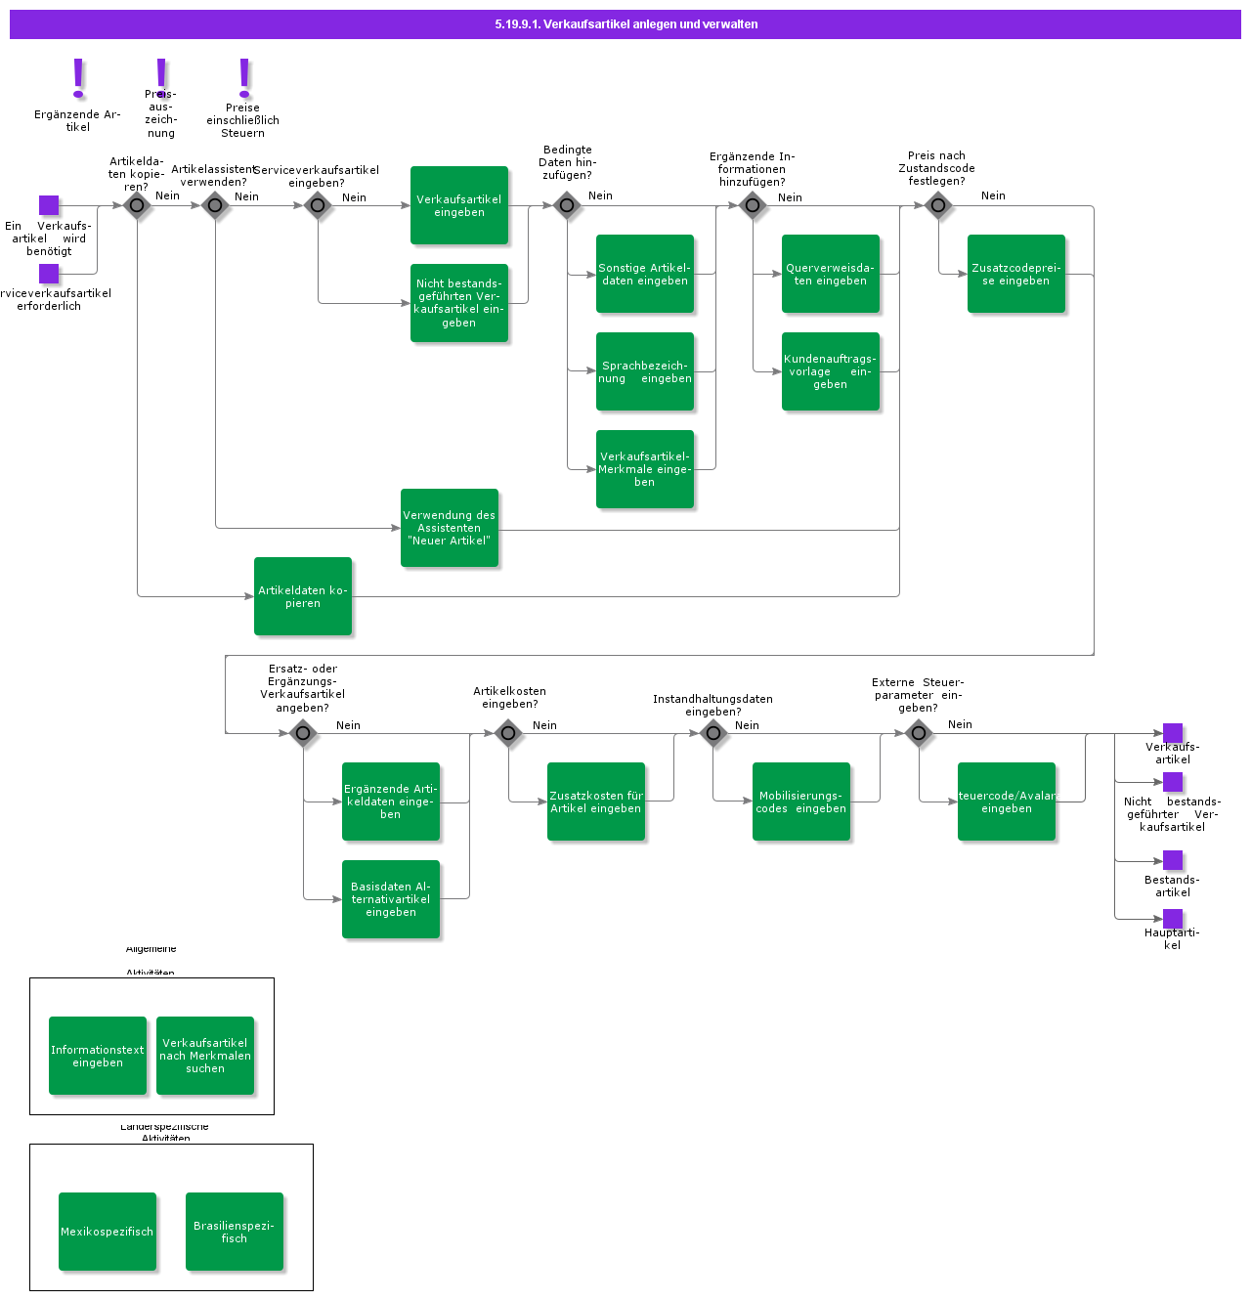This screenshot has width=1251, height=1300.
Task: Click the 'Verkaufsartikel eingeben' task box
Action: pyautogui.click(x=459, y=205)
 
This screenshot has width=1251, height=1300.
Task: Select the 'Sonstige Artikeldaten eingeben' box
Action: pyautogui.click(x=645, y=274)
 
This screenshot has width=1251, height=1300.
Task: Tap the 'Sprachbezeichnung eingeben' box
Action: pyautogui.click(x=645, y=371)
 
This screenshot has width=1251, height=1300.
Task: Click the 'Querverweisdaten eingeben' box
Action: pyautogui.click(x=831, y=274)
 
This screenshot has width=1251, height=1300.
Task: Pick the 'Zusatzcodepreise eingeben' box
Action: pyautogui.click(x=1016, y=274)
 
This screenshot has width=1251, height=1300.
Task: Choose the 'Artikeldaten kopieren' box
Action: pyautogui.click(x=303, y=596)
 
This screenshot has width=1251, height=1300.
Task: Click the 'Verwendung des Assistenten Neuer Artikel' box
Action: pyautogui.click(x=450, y=528)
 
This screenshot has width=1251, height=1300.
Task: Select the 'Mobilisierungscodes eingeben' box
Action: pyautogui.click(x=801, y=802)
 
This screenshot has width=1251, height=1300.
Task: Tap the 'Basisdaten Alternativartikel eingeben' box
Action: pyautogui.click(x=391, y=899)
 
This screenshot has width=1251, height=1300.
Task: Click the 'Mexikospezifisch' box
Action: pyautogui.click(x=108, y=1232)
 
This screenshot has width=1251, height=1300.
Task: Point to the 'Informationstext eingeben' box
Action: pyautogui.click(x=98, y=1056)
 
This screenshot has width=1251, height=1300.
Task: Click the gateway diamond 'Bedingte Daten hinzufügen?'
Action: pyautogui.click(x=567, y=205)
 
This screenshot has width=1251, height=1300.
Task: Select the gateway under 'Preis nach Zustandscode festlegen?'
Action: pyautogui.click(x=938, y=205)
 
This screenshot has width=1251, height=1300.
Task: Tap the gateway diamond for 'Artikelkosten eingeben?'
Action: pyautogui.click(x=508, y=733)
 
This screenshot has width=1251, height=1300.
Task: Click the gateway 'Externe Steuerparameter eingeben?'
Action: pyautogui.click(x=919, y=733)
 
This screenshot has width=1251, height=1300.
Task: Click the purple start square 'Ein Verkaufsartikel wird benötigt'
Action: pyautogui.click(x=49, y=205)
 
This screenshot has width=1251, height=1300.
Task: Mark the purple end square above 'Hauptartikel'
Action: pyautogui.click(x=1173, y=919)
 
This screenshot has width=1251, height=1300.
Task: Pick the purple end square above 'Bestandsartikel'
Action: pyautogui.click(x=1173, y=860)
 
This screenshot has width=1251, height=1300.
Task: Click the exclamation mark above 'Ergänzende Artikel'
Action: pyautogui.click(x=79, y=78)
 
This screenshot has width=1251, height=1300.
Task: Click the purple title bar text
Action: pyautogui.click(x=625, y=24)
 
